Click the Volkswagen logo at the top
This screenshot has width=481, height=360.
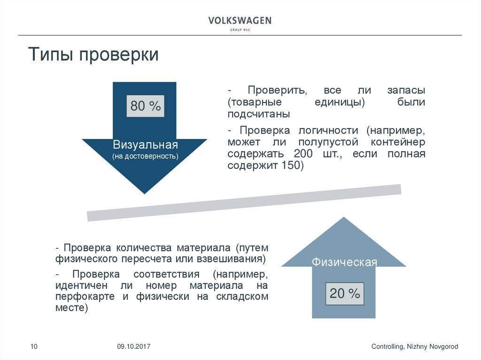[240, 21]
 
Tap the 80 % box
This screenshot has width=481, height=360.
[146, 107]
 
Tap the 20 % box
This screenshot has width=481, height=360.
[345, 294]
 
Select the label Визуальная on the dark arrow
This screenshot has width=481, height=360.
[145, 144]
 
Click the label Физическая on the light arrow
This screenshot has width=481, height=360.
[344, 262]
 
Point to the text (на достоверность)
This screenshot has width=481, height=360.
[145, 155]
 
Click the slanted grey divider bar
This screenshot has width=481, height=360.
[244, 202]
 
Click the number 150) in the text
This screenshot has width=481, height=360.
[293, 165]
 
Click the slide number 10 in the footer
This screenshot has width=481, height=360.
[34, 346]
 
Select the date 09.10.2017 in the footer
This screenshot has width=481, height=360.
[134, 346]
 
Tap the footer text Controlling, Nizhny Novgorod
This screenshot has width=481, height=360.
[414, 346]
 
